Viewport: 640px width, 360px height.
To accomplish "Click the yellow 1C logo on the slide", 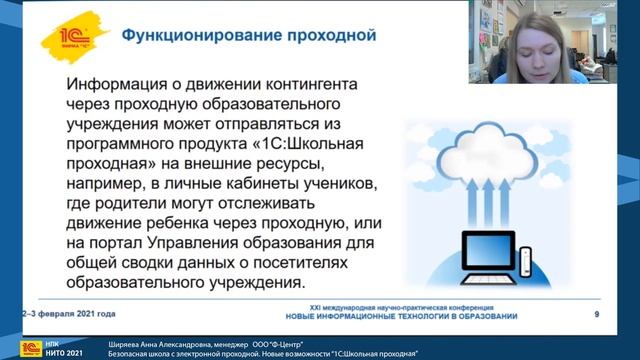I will pyautogui.click(x=73, y=37).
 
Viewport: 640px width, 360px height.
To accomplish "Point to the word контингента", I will pyautogui.click(x=312, y=83).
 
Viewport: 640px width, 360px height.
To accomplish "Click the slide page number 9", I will pyautogui.click(x=596, y=315).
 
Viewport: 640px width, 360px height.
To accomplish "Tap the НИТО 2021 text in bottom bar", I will pyautogui.click(x=60, y=353).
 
